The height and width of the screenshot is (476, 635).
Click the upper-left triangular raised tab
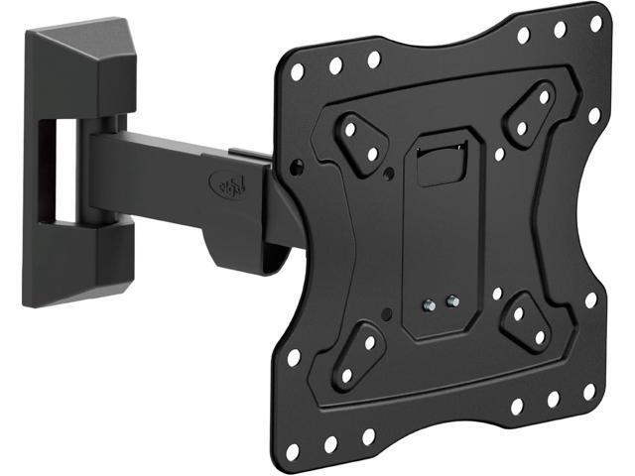tap(359, 139)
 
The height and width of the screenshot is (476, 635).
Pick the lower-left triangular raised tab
tap(356, 360)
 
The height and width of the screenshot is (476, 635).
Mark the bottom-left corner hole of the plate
tap(293, 451)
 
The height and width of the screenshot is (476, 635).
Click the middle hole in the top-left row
tap(335, 63)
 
